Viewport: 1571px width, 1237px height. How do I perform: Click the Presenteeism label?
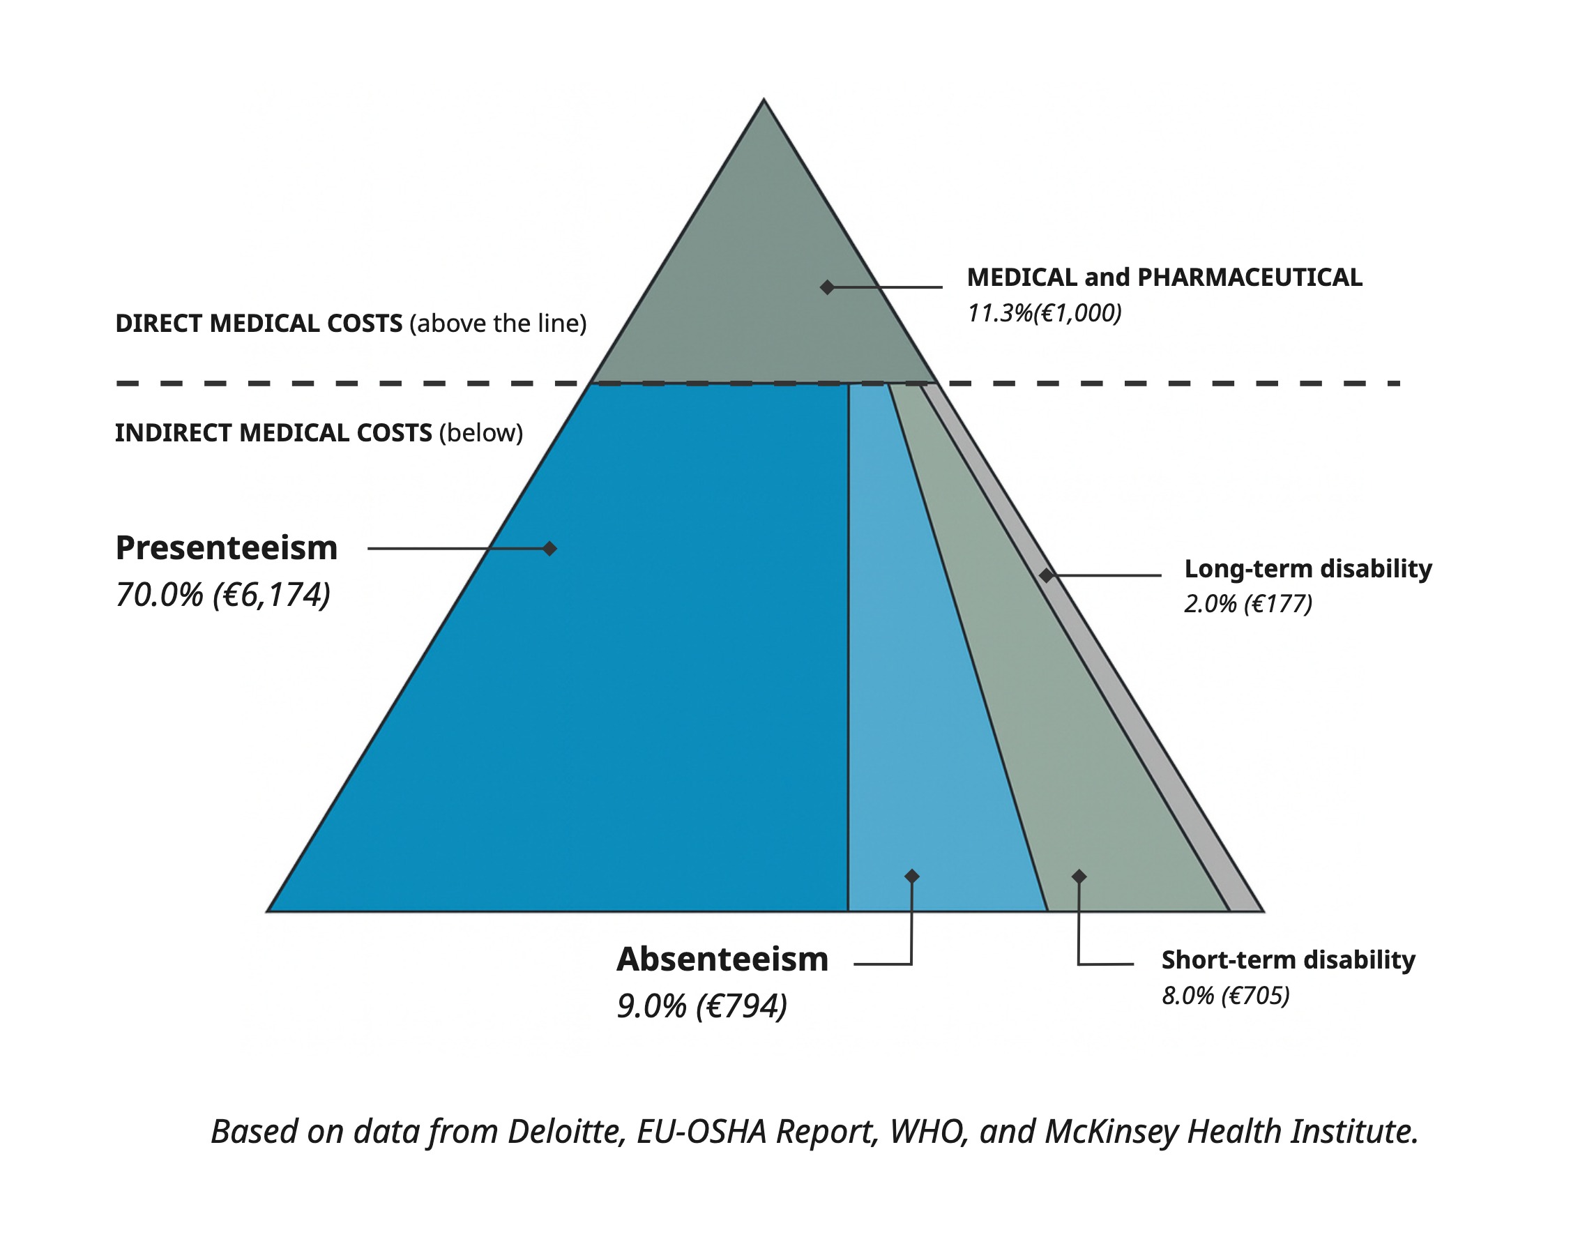(x=226, y=548)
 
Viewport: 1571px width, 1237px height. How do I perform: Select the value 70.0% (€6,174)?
(x=223, y=595)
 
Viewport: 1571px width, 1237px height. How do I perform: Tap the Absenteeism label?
(x=722, y=959)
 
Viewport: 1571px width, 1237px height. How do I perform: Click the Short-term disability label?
(x=1288, y=959)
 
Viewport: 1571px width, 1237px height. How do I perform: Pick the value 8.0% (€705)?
(x=1226, y=996)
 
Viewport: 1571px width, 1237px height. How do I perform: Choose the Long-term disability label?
(x=1307, y=568)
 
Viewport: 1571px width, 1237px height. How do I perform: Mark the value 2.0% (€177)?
(x=1248, y=604)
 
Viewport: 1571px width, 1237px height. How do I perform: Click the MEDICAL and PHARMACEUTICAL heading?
(x=1164, y=278)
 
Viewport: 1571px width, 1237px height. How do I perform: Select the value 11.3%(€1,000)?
(x=1045, y=314)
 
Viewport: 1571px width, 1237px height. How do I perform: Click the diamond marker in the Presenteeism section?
(x=549, y=548)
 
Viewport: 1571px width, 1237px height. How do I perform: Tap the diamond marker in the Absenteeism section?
(x=912, y=876)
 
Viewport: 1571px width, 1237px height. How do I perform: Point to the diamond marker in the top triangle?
(x=827, y=287)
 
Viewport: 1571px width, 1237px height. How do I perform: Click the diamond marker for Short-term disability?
(x=1079, y=876)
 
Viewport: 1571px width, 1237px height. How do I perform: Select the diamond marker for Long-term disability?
(x=1046, y=575)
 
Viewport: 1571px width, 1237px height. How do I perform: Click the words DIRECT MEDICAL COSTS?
(x=259, y=323)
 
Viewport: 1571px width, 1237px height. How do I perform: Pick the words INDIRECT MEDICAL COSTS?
(x=273, y=433)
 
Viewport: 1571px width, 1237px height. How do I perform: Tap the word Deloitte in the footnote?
(x=566, y=1132)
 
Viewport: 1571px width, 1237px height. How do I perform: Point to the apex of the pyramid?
(x=764, y=101)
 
